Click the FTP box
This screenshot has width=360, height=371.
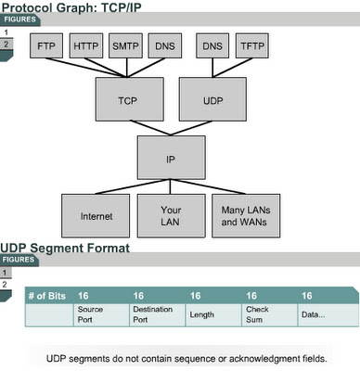click(46, 45)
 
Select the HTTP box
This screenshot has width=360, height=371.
click(86, 45)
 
